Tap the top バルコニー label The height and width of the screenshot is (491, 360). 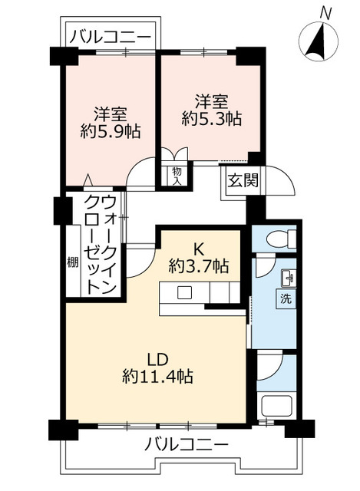click(x=111, y=35)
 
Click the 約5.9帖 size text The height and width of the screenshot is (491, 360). click(x=111, y=131)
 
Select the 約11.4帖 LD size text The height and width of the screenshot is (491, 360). click(x=157, y=377)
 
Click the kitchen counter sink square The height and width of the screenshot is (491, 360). click(x=185, y=292)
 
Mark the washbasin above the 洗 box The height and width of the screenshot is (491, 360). click(x=286, y=277)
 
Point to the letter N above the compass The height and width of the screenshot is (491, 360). click(x=325, y=12)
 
